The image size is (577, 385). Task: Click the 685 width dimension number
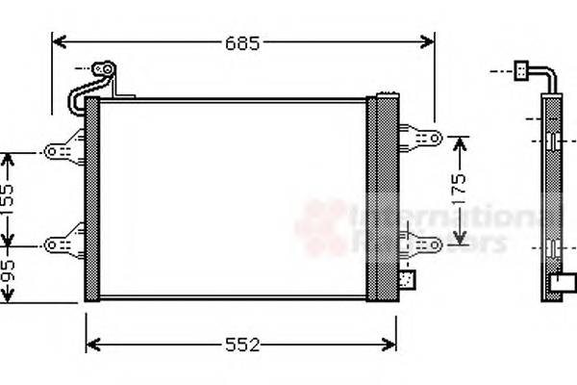[243, 42]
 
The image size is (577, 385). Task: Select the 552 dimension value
[242, 345]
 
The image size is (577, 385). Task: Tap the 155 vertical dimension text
[8, 200]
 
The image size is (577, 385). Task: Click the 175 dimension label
[459, 189]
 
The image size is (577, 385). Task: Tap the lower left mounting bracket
[65, 244]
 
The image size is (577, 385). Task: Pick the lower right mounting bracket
[420, 244]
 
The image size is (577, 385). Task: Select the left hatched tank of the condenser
[92, 198]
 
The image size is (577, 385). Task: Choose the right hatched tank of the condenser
[382, 196]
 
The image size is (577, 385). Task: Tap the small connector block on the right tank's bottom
[407, 281]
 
